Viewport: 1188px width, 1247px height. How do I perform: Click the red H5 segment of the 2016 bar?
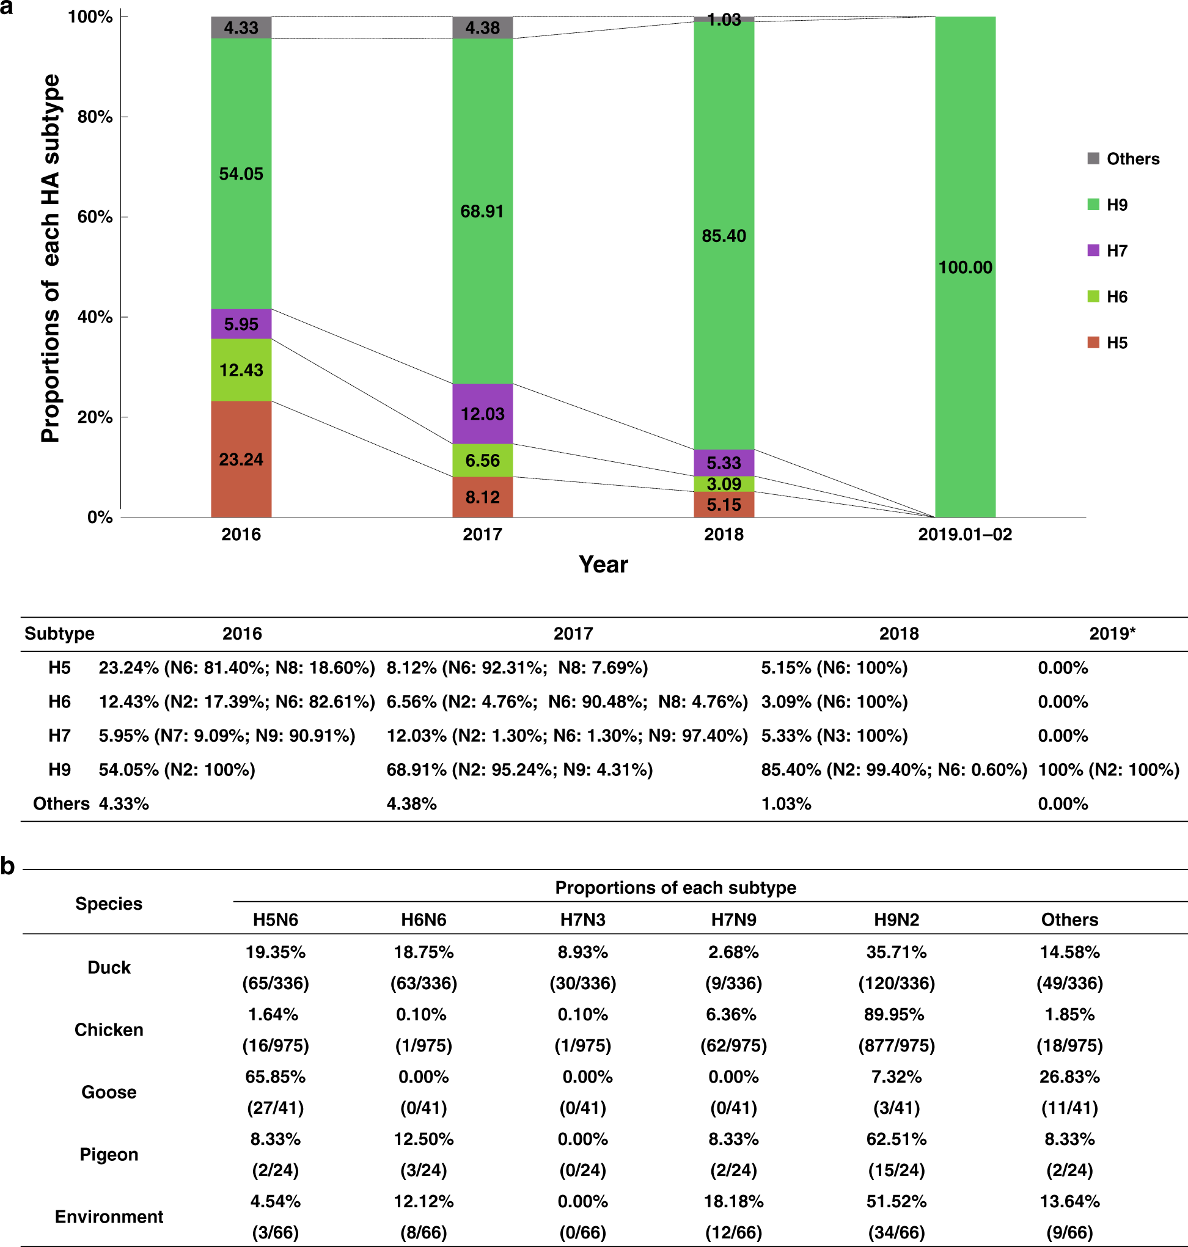tap(241, 459)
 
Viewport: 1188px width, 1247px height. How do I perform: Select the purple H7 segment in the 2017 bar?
tap(482, 414)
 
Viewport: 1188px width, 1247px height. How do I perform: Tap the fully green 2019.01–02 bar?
tap(964, 266)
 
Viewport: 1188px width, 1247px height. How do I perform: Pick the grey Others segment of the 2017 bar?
tap(482, 28)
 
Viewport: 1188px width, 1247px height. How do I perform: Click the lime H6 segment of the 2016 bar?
tap(241, 370)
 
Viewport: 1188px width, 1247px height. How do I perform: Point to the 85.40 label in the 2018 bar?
tap(723, 236)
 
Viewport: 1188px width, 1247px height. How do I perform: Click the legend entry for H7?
tap(1116, 250)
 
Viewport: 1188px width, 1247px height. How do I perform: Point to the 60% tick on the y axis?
tap(95, 217)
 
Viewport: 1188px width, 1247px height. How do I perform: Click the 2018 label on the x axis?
tap(723, 535)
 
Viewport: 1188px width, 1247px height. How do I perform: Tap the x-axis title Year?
tap(603, 565)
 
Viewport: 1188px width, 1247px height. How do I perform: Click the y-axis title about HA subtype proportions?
tap(51, 258)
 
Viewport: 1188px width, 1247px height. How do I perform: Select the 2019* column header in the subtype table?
tap(1112, 634)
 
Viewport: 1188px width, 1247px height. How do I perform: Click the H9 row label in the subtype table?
tap(59, 770)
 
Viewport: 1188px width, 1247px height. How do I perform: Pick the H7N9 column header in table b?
tap(733, 920)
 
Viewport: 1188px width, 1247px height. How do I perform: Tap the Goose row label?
tap(109, 1092)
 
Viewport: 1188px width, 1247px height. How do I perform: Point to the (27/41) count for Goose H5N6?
tap(276, 1108)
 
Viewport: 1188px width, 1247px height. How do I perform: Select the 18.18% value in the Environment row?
tap(733, 1201)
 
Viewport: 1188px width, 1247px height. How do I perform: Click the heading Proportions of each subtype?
tap(675, 888)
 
